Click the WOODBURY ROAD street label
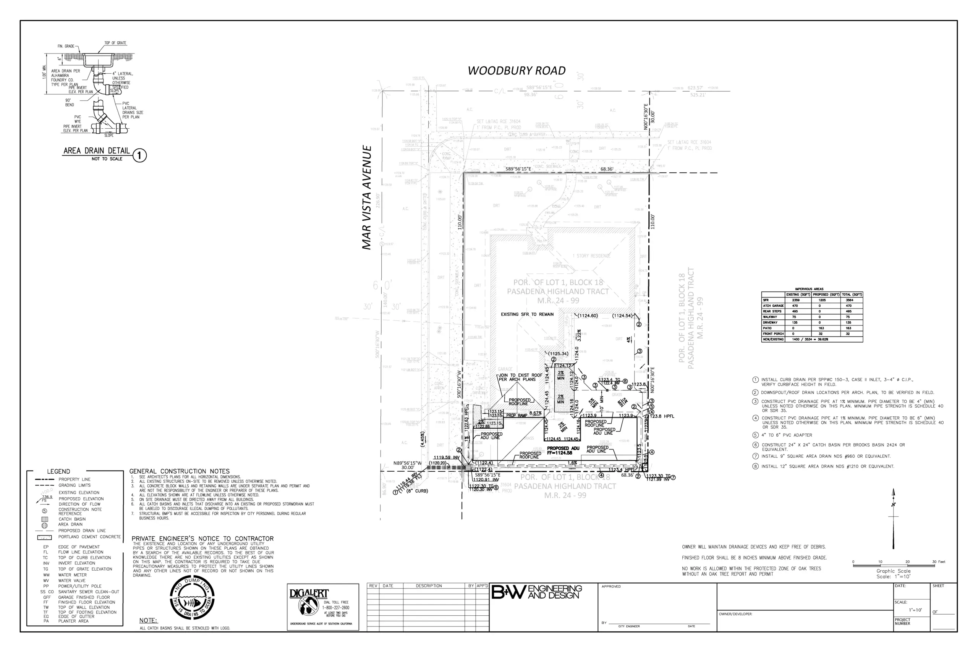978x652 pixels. coord(517,71)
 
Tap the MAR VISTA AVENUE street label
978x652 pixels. coord(366,197)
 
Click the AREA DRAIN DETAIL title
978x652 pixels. coord(97,151)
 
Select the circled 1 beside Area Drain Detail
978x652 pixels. coord(140,155)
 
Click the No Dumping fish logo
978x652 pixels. coord(192,599)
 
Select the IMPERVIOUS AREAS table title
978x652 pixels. coord(809,289)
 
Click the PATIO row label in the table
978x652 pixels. coord(768,328)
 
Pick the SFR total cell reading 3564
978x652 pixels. coord(849,300)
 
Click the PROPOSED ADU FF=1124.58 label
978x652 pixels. coord(563,450)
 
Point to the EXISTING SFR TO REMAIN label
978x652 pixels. coord(527,314)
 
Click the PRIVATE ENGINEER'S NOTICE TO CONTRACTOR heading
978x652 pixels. coord(202,539)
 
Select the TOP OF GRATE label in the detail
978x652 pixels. coord(115,43)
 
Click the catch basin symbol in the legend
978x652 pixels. coord(44,519)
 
